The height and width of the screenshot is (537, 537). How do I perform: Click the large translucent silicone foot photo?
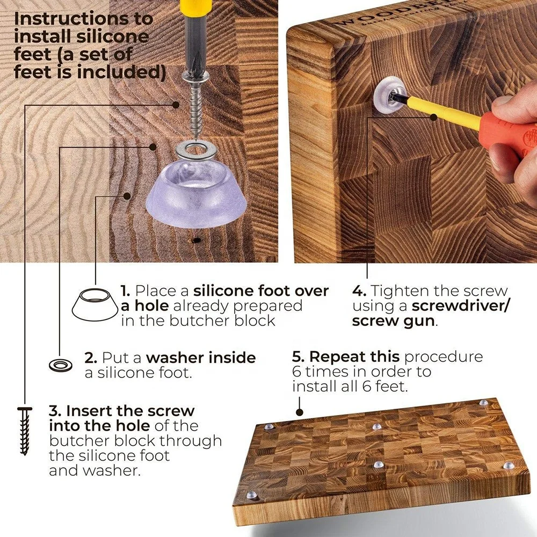pyautogui.click(x=196, y=193)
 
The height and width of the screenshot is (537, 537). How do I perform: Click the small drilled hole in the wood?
pyautogui.click(x=196, y=241)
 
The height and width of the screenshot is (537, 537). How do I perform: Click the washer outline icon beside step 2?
pyautogui.click(x=61, y=366)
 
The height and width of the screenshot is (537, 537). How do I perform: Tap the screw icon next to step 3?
pyautogui.click(x=24, y=431)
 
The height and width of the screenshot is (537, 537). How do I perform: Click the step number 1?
pyautogui.click(x=125, y=291)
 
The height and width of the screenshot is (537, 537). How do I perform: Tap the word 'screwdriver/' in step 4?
pyautogui.click(x=461, y=306)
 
